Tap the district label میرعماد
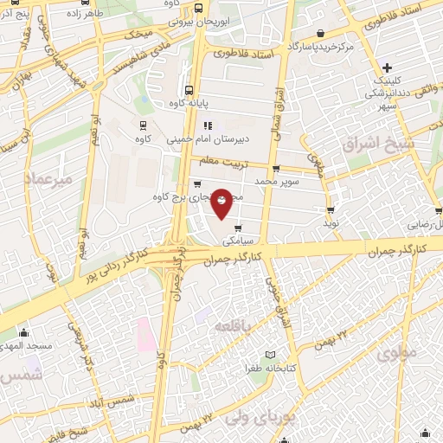(x=50, y=179)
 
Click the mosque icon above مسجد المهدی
(x=23, y=333)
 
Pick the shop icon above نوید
(x=330, y=210)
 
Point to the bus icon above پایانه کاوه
(x=189, y=89)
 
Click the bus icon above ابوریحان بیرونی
(x=199, y=10)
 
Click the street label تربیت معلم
(x=221, y=161)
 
